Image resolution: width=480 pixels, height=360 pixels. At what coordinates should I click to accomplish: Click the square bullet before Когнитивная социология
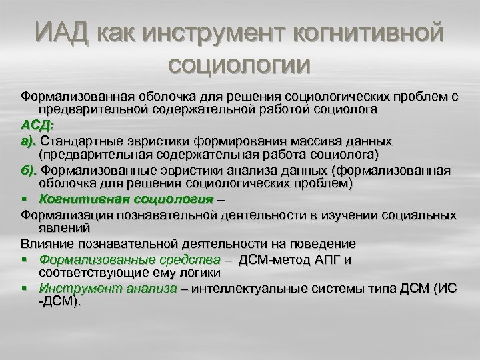[x=25, y=199]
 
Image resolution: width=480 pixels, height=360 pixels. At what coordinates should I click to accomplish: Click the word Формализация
[x=66, y=214]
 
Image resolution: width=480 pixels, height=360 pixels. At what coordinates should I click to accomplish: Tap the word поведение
[x=325, y=243]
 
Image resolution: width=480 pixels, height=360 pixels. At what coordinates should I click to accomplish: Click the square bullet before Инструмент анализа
[x=25, y=289]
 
